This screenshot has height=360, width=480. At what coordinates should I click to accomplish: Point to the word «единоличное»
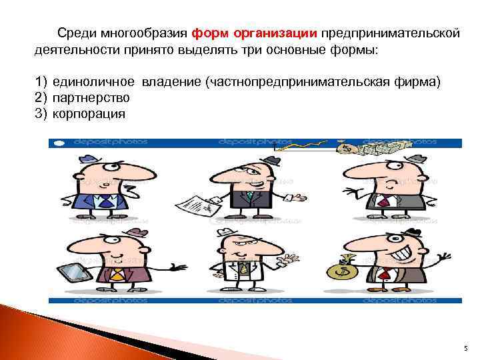coord(93,82)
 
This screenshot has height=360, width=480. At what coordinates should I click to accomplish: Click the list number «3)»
coord(42,113)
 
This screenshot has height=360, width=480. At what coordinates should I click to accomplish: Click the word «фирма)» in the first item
coord(420,82)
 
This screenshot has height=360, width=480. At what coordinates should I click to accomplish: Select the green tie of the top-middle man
coord(249,196)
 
